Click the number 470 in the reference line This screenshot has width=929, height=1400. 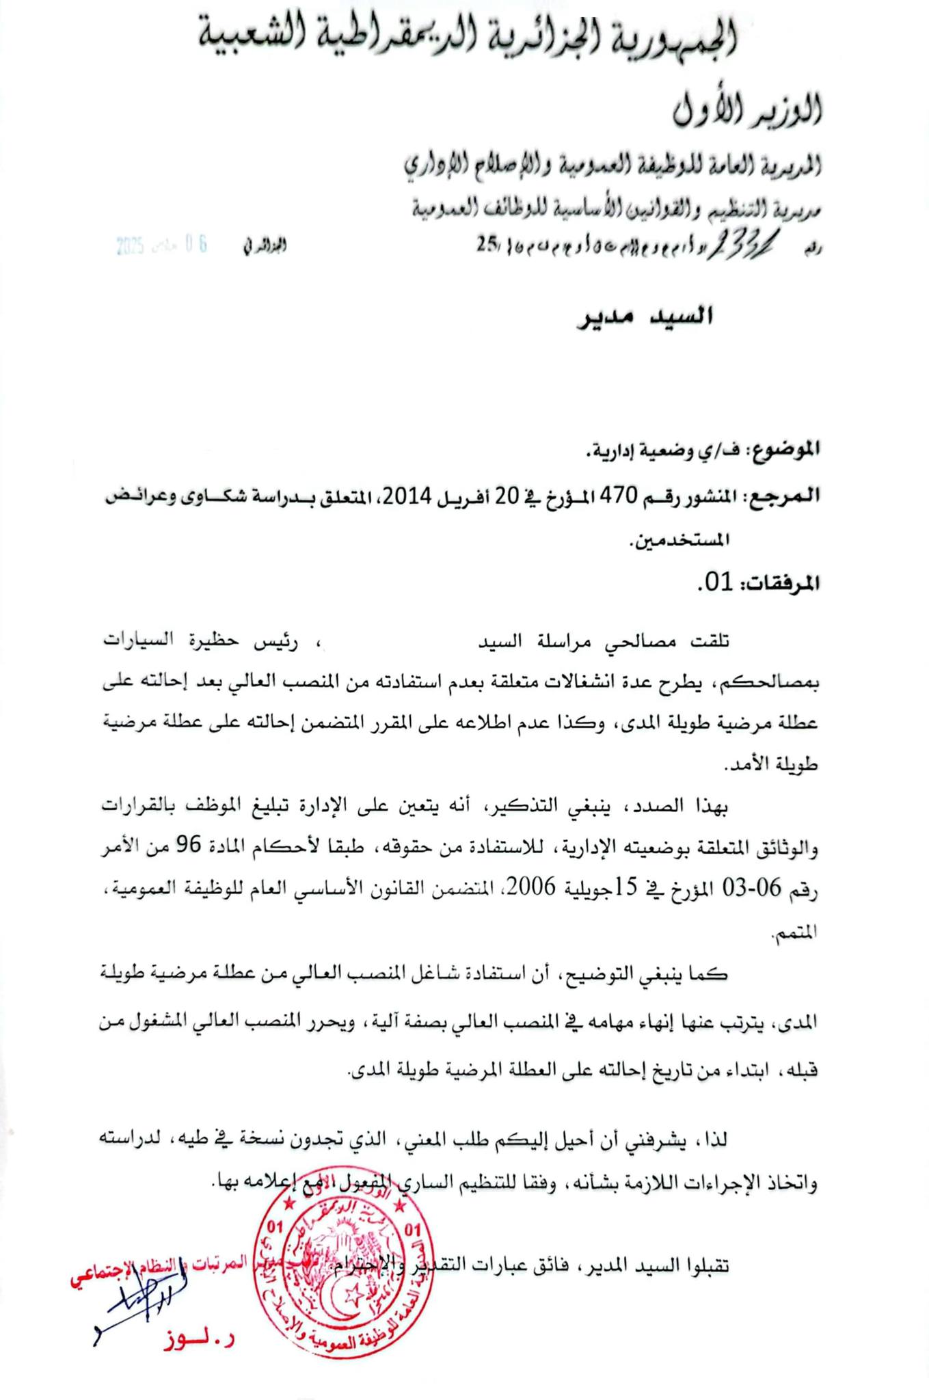pyautogui.click(x=619, y=496)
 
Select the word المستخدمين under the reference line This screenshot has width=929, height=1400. pyautogui.click(x=679, y=540)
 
